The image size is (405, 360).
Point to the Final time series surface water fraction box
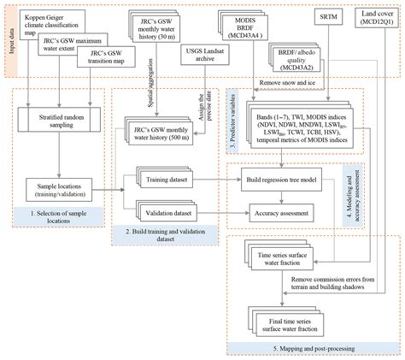tap(277, 315)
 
